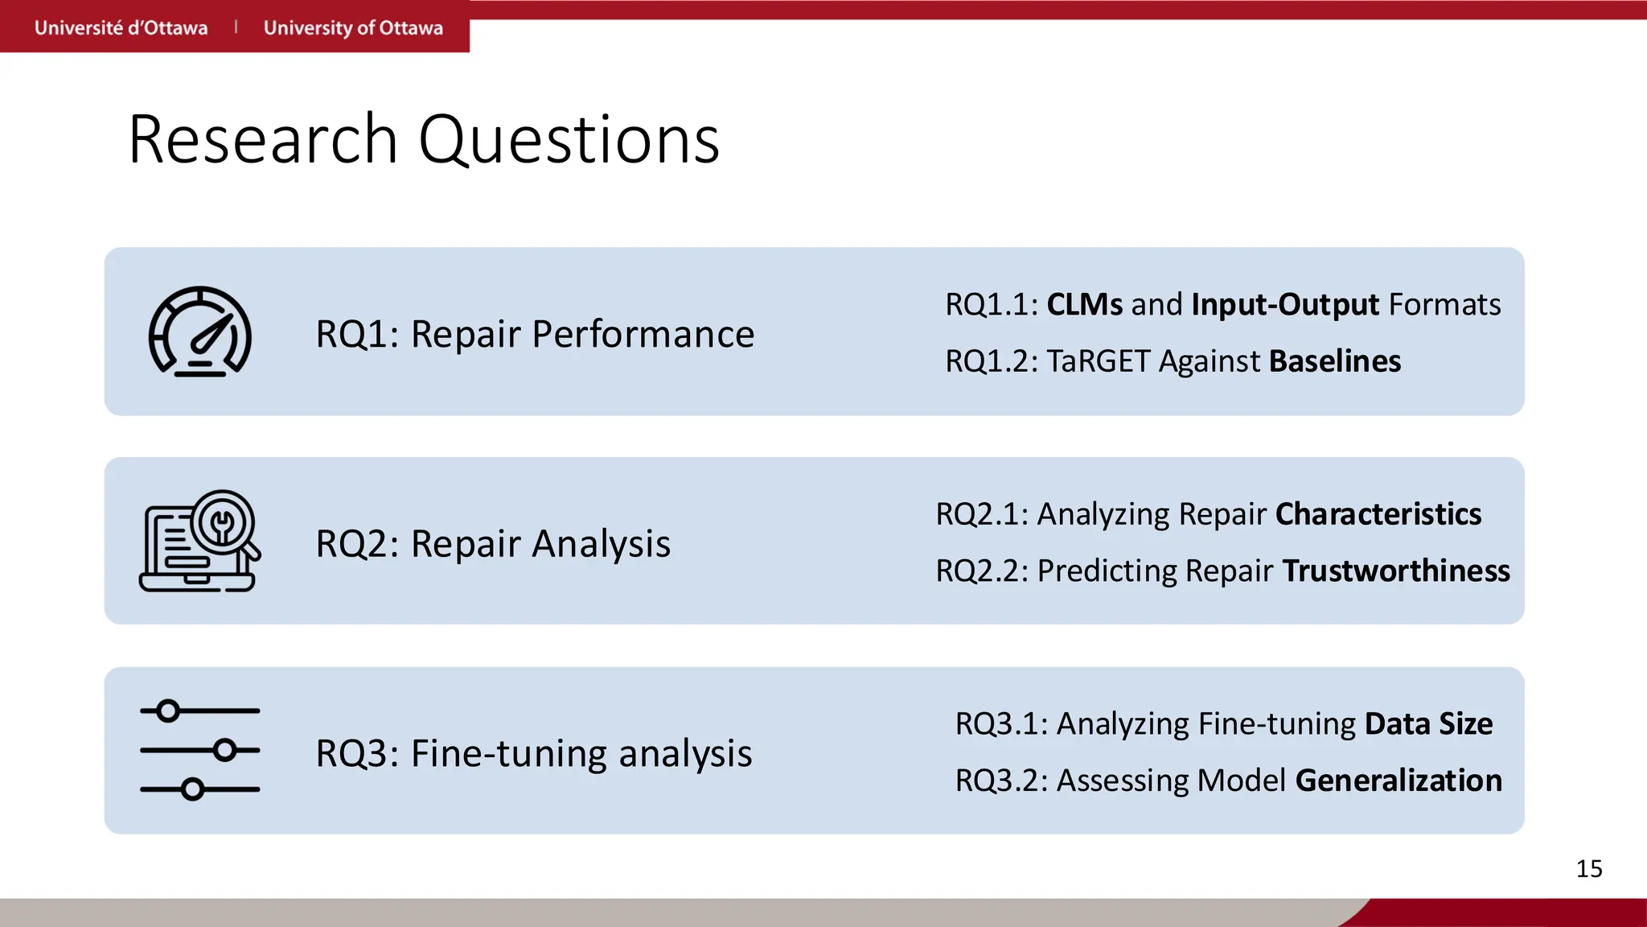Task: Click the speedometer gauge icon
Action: (x=200, y=332)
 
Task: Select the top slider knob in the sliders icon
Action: (x=168, y=711)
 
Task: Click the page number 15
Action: (x=1588, y=869)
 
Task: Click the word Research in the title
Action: (x=262, y=140)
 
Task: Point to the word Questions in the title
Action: (x=569, y=140)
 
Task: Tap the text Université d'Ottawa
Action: (x=121, y=28)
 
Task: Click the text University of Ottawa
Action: (x=353, y=28)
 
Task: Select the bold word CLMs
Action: (x=1084, y=305)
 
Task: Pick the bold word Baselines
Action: (x=1335, y=361)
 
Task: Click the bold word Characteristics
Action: (x=1378, y=514)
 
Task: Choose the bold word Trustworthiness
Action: (x=1395, y=571)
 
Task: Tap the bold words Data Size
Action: (x=1428, y=723)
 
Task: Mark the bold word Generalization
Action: (x=1399, y=780)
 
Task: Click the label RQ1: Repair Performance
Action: (x=535, y=334)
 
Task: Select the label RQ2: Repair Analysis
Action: (x=493, y=543)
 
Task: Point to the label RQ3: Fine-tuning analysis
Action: (x=533, y=753)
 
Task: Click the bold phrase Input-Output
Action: (x=1285, y=305)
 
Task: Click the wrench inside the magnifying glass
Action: (x=223, y=524)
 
